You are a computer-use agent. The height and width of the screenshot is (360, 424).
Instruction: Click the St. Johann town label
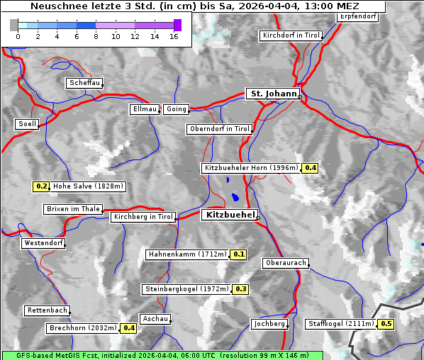272,94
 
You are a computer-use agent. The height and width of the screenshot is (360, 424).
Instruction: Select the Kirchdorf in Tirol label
291,35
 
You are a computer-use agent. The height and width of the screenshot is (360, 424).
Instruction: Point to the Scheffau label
84,83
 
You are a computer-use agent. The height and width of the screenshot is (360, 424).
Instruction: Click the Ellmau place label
145,109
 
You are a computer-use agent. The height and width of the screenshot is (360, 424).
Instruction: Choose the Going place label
176,109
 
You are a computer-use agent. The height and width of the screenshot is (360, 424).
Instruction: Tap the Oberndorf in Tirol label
219,129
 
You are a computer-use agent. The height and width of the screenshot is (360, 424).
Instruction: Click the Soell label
27,124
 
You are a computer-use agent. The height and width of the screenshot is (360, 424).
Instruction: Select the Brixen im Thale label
73,209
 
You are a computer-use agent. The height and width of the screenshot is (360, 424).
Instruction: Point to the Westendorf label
43,243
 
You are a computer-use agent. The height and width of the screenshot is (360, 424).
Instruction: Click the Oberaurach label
285,263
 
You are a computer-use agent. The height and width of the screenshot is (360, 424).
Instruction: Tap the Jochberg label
269,324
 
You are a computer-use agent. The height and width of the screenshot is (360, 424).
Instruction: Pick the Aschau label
155,319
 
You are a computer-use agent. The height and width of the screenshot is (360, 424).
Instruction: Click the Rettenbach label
48,310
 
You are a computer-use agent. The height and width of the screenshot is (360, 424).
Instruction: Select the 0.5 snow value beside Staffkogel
386,324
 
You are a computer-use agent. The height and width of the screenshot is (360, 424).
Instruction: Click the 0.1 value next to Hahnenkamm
239,254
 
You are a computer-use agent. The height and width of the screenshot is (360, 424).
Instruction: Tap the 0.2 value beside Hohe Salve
42,186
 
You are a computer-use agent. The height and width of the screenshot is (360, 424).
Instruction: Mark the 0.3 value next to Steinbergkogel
241,289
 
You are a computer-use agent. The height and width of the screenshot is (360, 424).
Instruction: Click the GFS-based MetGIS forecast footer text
162,354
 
